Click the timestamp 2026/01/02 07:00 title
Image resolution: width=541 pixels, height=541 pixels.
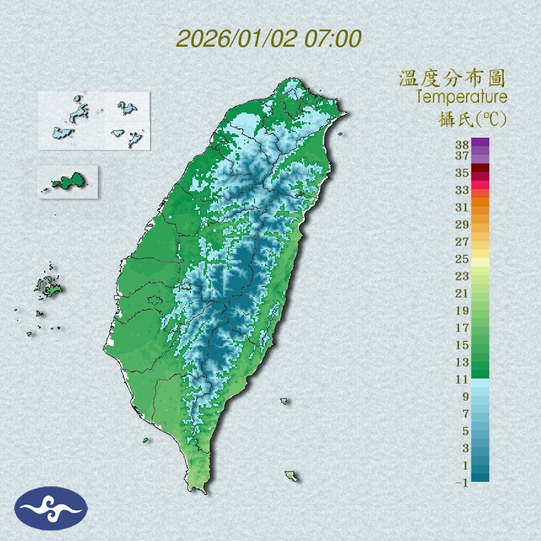269,39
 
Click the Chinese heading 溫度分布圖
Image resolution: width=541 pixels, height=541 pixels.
452,79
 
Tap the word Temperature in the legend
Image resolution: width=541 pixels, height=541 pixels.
462,97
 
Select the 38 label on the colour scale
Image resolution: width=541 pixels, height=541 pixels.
462,145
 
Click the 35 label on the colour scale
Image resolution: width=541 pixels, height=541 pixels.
462,173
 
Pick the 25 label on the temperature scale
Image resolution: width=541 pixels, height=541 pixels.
462,259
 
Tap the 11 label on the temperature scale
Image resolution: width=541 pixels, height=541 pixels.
462,379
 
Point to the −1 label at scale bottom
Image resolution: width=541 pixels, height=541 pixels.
462,483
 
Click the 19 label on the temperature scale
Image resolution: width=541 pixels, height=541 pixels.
462,310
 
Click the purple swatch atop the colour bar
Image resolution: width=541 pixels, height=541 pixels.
481,142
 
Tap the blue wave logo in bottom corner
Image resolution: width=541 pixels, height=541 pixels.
52,508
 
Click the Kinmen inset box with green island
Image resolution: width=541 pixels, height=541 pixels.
68,181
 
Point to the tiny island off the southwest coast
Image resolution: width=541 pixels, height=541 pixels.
146,440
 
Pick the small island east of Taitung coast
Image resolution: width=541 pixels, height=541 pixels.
284,401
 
